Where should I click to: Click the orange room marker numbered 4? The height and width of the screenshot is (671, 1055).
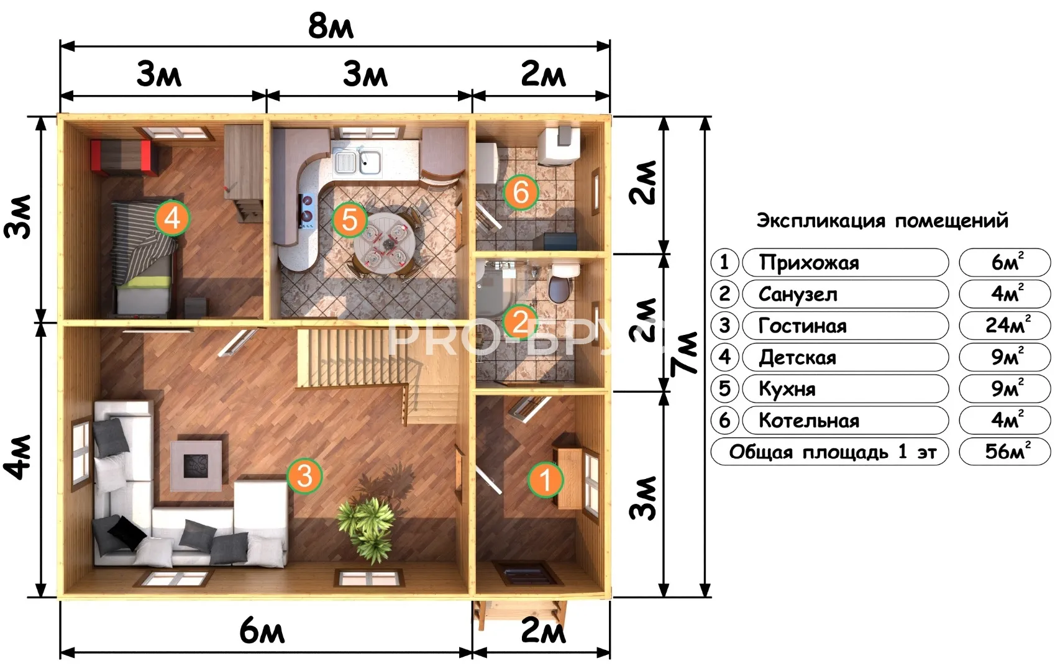pyautogui.click(x=172, y=218)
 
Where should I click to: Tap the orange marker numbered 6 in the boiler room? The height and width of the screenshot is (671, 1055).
pyautogui.click(x=521, y=192)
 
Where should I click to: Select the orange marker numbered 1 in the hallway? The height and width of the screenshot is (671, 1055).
pyautogui.click(x=546, y=480)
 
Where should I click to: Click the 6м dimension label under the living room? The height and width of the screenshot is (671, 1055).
pyautogui.click(x=262, y=631)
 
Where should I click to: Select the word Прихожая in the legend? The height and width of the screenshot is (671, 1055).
pyautogui.click(x=809, y=263)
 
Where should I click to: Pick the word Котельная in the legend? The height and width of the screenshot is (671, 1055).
pyautogui.click(x=809, y=421)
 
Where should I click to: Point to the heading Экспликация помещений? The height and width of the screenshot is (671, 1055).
pyautogui.click(x=882, y=221)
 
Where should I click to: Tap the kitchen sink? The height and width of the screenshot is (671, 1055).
pyautogui.click(x=358, y=160)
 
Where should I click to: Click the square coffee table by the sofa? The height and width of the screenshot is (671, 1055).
pyautogui.click(x=196, y=466)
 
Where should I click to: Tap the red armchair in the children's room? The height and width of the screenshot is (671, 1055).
pyautogui.click(x=124, y=158)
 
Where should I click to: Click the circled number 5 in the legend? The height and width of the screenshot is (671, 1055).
pyautogui.click(x=724, y=389)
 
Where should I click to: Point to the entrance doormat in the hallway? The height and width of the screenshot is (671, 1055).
pyautogui.click(x=528, y=573)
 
